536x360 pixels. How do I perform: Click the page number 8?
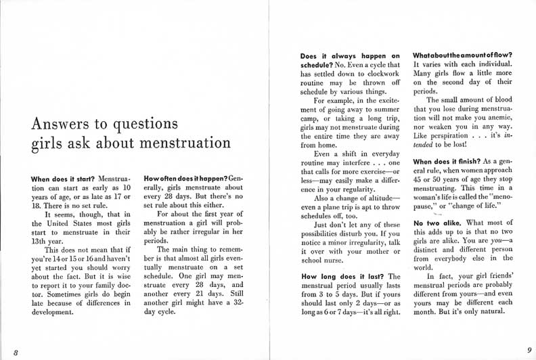(15, 350)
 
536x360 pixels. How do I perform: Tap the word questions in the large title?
(145, 125)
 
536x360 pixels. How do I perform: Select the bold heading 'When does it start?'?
(63, 179)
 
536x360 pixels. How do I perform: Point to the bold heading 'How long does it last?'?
(342, 276)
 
